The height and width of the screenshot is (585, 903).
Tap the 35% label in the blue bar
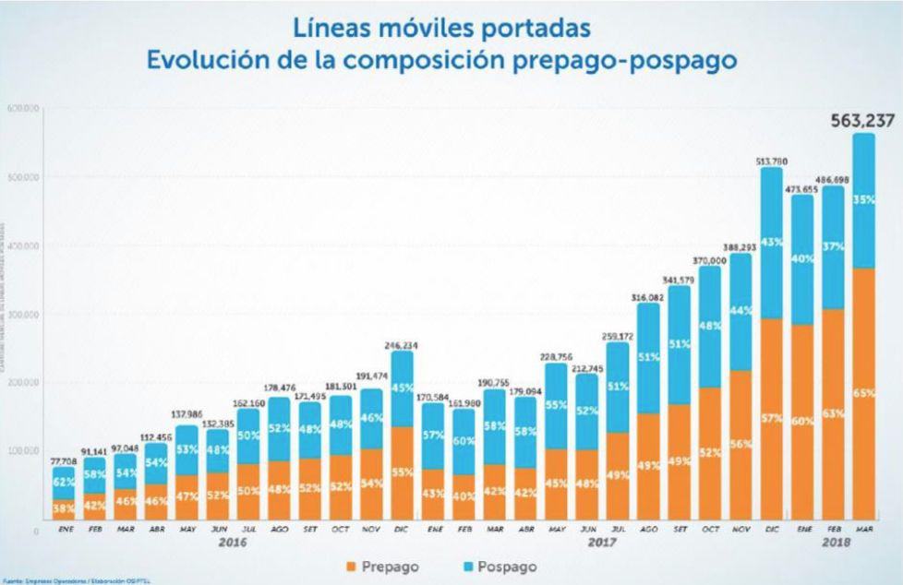pyautogui.click(x=863, y=198)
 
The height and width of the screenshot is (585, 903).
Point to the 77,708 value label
pyautogui.click(x=63, y=460)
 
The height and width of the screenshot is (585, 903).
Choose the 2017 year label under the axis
pyautogui.click(x=601, y=544)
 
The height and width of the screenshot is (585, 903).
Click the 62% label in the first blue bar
pyautogui.click(x=63, y=481)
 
